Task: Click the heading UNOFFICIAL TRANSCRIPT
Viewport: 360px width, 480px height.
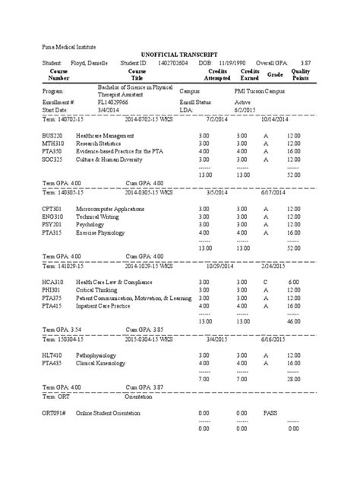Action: pos(180,55)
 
